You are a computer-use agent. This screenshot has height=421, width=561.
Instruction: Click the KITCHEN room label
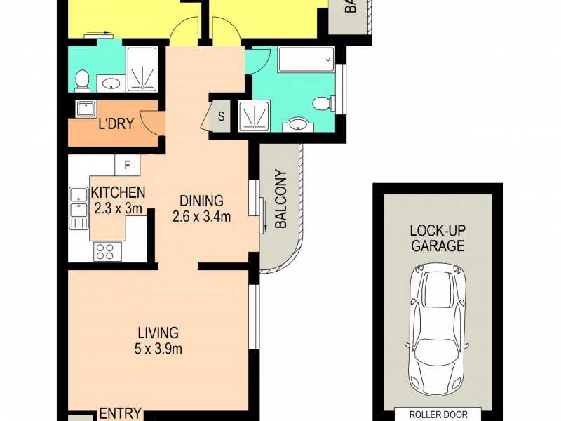click(118, 192)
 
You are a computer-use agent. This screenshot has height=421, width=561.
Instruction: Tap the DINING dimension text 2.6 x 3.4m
click(202, 217)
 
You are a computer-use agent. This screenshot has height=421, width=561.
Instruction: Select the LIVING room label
click(158, 333)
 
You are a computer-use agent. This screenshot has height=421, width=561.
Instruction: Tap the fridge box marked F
click(127, 166)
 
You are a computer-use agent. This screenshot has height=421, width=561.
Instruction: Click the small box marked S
click(221, 116)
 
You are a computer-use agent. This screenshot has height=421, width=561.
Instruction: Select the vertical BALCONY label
click(280, 199)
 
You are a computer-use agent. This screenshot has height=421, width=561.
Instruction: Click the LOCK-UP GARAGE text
click(438, 239)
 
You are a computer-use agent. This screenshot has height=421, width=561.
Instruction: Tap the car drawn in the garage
click(438, 330)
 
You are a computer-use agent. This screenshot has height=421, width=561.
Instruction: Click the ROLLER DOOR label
click(438, 414)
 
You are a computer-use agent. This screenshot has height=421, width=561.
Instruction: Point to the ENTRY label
click(121, 413)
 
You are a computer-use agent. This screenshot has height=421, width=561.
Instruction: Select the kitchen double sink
click(76, 208)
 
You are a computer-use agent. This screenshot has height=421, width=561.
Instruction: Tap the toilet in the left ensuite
click(82, 81)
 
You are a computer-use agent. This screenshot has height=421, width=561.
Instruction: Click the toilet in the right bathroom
click(322, 104)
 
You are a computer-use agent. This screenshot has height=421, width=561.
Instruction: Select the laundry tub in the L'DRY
click(86, 109)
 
